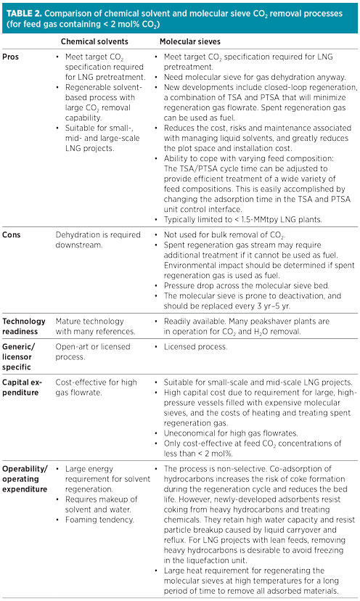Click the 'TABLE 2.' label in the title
coord(23,11)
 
